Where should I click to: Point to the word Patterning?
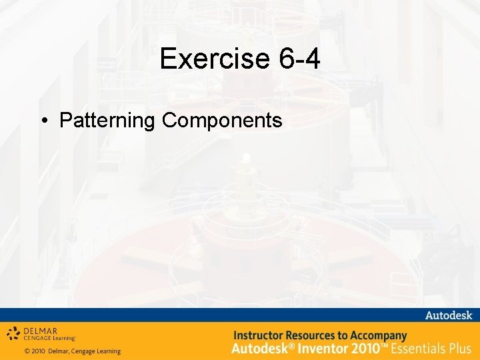point(107,121)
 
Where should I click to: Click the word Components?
point(221,121)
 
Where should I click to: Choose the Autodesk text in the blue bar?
point(449,315)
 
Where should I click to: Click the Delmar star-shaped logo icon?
point(14,333)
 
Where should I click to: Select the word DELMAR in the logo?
point(40,330)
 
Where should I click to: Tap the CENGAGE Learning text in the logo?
point(50,338)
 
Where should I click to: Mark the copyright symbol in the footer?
point(27,351)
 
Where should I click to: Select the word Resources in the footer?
point(314,335)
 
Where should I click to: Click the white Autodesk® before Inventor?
point(260,348)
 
